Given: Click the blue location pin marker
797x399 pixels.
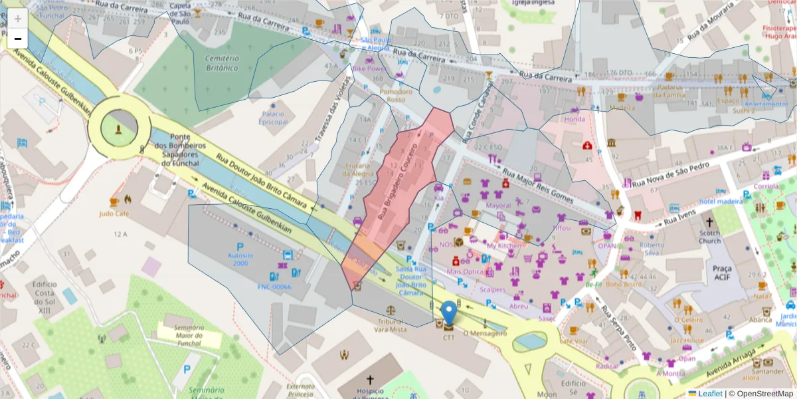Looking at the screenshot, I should [x=450, y=315].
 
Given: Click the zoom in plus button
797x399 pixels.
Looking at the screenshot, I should [x=18, y=19].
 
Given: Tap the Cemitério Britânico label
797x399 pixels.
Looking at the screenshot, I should [x=221, y=63].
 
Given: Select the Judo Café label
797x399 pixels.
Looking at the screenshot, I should [x=114, y=214].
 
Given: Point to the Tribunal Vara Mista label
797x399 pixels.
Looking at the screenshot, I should [x=389, y=325].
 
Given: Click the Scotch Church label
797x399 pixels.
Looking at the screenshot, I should [x=709, y=237].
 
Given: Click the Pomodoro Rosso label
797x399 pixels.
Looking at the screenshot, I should [x=396, y=96].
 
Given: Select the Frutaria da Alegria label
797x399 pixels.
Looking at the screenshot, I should [x=359, y=170].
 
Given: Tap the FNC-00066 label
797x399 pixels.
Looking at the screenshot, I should [x=274, y=287].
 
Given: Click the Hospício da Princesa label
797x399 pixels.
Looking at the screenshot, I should [x=369, y=394].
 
